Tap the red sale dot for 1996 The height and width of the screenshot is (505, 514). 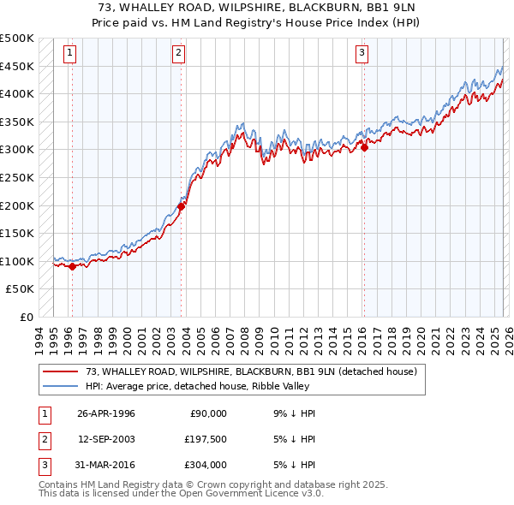pos(73,266)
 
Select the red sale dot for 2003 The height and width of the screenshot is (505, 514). pos(182,206)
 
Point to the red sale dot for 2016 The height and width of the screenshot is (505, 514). pos(364,147)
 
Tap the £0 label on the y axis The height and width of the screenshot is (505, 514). pos(26,317)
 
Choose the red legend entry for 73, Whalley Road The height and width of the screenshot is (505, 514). pos(250,371)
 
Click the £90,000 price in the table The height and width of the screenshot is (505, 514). pos(208,413)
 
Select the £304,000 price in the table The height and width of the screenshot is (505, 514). pos(206,465)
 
